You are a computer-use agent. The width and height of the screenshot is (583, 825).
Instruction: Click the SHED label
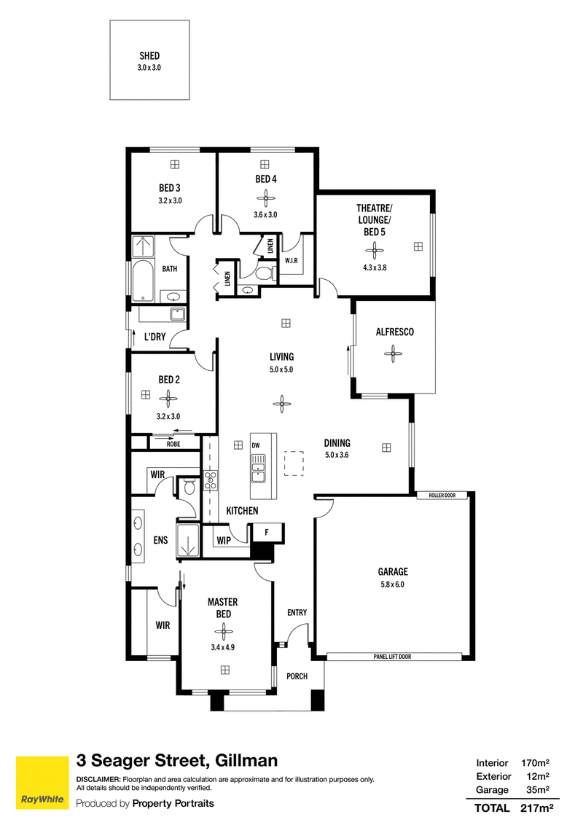pyautogui.click(x=149, y=55)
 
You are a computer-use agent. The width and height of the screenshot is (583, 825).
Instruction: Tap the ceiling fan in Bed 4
pyautogui.click(x=265, y=199)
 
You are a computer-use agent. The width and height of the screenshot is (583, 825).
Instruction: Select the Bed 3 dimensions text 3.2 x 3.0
pyautogui.click(x=170, y=200)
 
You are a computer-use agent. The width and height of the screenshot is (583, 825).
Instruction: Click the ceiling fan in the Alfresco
pyautogui.click(x=393, y=353)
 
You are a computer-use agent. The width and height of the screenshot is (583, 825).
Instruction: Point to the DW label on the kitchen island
pyautogui.click(x=256, y=445)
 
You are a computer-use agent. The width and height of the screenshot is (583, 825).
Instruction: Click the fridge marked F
pyautogui.click(x=267, y=533)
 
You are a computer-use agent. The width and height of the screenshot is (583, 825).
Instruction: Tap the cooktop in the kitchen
pyautogui.click(x=211, y=480)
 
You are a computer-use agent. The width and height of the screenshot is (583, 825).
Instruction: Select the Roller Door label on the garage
pyautogui.click(x=442, y=495)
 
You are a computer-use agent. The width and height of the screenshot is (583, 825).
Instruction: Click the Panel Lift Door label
pyautogui.click(x=393, y=657)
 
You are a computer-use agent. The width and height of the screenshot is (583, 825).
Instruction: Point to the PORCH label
pyautogui.click(x=297, y=676)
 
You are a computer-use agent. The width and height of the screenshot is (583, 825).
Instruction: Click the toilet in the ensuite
pyautogui.click(x=189, y=487)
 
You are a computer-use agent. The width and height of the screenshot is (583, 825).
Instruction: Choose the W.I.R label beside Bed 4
pyautogui.click(x=291, y=261)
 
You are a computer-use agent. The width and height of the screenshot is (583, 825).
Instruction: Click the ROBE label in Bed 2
pyautogui.click(x=173, y=444)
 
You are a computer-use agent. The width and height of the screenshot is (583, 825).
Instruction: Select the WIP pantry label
pyautogui.click(x=224, y=540)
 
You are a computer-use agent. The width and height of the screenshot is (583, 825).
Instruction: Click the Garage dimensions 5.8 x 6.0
pyautogui.click(x=393, y=584)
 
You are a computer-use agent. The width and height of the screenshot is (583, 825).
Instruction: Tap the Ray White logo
pyautogui.click(x=42, y=783)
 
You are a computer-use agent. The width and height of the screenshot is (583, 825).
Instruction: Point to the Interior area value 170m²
pyautogui.click(x=535, y=762)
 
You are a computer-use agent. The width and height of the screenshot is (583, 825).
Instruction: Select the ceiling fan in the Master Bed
pyautogui.click(x=224, y=631)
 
